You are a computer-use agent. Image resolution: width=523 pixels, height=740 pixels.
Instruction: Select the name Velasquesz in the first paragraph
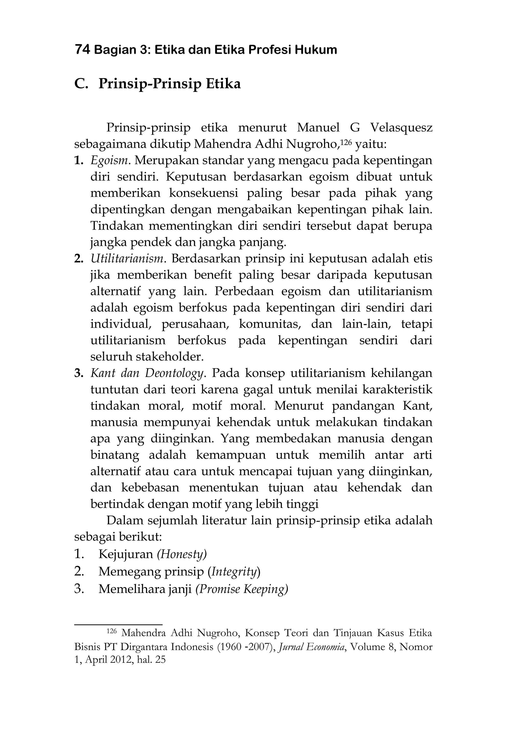point(401,128)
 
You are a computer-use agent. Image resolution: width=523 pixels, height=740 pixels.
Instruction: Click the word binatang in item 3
point(115,455)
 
